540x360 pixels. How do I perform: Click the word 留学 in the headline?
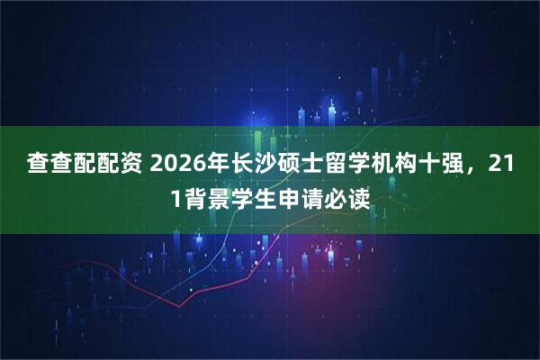350,164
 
